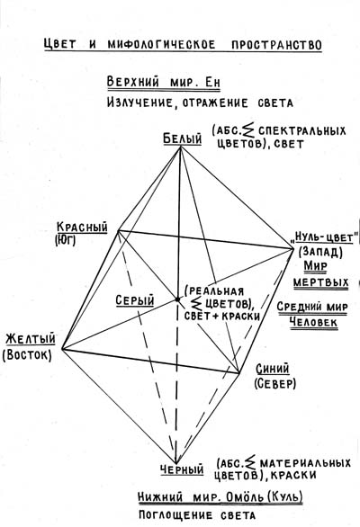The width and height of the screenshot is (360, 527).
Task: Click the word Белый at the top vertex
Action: point(183,138)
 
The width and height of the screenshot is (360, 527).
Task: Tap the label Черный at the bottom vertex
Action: point(182,469)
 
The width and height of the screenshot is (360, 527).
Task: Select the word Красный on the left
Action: point(83,227)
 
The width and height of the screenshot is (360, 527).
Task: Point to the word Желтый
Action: point(31,338)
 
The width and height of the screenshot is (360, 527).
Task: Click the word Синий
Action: point(273,369)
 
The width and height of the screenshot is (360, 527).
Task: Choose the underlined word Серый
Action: point(135,300)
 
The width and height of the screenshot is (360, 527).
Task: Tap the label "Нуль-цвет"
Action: point(324,238)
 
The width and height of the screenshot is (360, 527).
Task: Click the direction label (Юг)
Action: point(65,240)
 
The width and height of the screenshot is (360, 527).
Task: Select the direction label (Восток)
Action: point(27,355)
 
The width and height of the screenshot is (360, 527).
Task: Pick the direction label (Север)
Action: point(274,383)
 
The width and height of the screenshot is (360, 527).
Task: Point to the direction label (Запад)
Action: point(320,252)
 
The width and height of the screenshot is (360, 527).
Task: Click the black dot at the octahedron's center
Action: point(177,299)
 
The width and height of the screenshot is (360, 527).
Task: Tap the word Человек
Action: point(313,322)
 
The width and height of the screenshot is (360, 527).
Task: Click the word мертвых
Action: point(321,281)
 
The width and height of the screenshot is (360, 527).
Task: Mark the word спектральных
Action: point(302,130)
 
